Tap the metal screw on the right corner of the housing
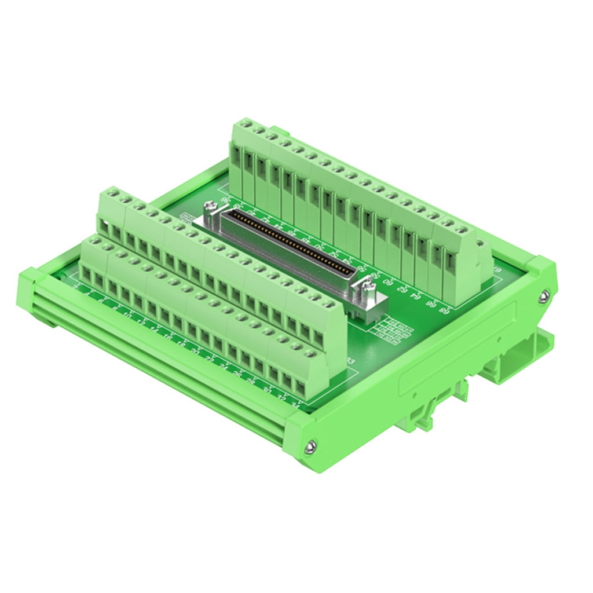(x=543, y=297)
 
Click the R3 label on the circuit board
(x=350, y=362)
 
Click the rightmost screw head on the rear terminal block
(x=461, y=230)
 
